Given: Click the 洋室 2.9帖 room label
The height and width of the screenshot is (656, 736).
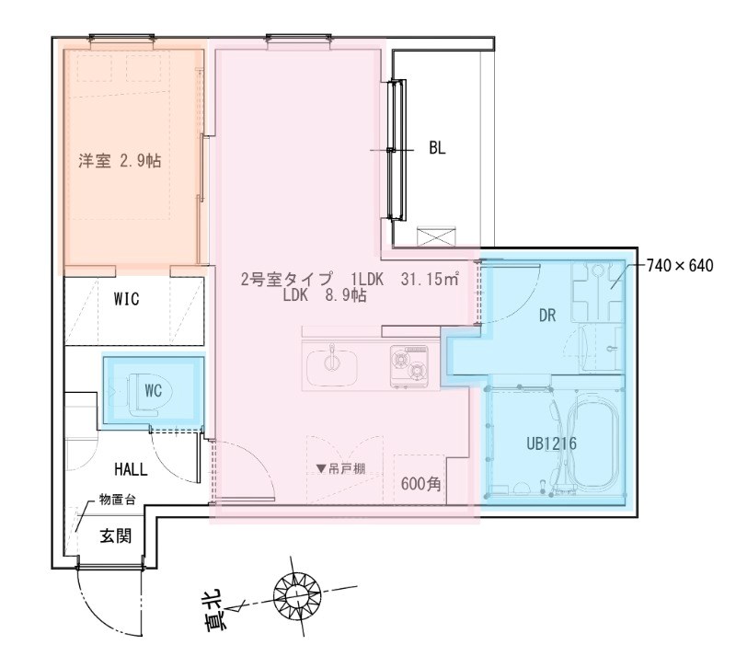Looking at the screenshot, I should point(120,160).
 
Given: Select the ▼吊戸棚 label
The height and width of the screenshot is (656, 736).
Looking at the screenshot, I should point(340,468).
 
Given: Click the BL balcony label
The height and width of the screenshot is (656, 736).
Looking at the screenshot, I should point(436,149).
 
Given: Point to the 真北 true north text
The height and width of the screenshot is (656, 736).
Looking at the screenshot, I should point(218,615).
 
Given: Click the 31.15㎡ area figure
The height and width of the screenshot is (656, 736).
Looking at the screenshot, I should point(430,281).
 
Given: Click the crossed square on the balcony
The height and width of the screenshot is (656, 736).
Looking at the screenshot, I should point(433,236).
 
